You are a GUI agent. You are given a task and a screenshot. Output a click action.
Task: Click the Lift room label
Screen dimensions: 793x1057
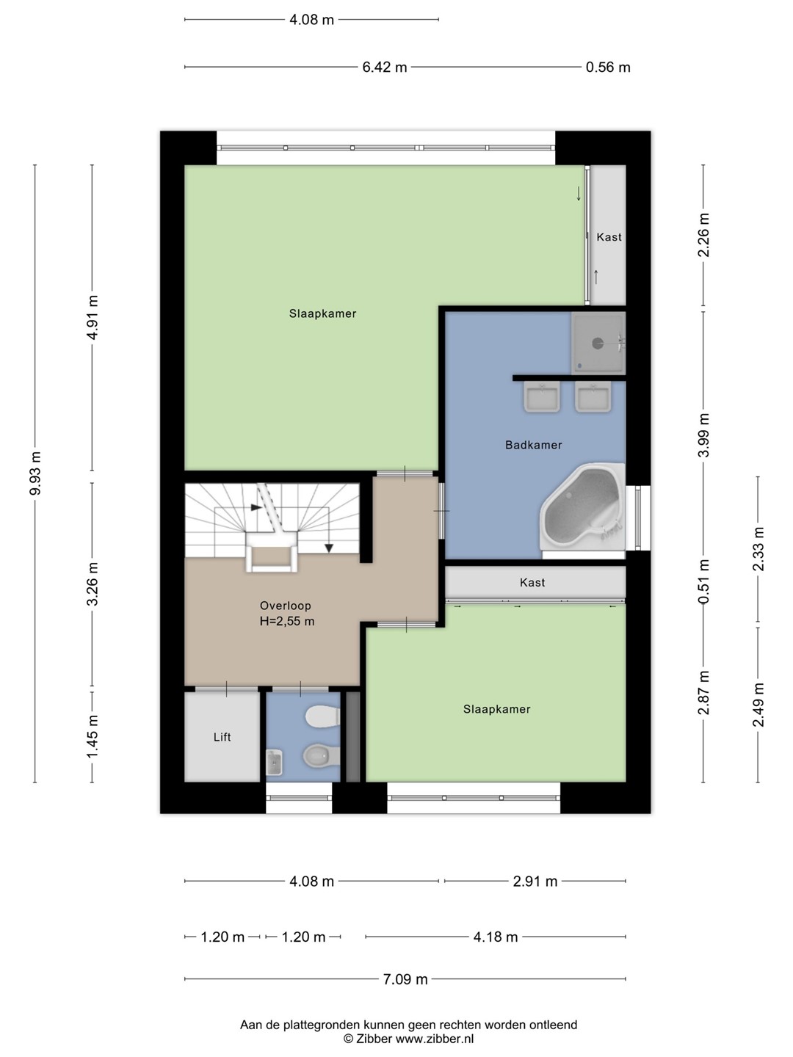coord(222,737)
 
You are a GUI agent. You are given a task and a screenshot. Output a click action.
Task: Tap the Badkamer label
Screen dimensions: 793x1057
coord(534,445)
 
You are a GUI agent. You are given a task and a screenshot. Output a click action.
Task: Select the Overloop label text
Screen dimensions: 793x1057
coord(286,606)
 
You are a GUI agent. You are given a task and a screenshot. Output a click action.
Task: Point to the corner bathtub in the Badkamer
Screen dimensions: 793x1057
coord(582,507)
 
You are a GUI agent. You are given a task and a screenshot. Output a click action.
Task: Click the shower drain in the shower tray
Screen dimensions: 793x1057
coord(598,344)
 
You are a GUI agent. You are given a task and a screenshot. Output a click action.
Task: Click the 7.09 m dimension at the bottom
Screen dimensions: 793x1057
coord(405,979)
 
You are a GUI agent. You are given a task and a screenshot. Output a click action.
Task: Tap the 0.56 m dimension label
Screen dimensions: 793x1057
coord(608,68)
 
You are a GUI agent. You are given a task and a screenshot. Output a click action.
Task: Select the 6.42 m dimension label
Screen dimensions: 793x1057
coord(385,68)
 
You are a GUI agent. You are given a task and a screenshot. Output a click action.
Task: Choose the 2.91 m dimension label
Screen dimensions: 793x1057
coord(535,882)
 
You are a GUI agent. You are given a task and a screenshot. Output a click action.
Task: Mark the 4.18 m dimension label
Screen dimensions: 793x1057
coord(496,937)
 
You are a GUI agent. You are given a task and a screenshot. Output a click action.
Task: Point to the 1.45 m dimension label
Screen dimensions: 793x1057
coord(93,736)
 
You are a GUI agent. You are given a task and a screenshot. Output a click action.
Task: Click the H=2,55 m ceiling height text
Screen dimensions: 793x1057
coord(287,621)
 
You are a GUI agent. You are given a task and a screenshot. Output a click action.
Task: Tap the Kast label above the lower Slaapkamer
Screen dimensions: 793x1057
coord(532,583)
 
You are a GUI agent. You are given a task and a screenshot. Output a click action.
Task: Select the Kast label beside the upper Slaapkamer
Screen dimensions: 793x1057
coord(609,237)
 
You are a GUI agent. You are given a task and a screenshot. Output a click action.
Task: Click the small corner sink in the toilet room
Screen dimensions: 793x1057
coord(275,763)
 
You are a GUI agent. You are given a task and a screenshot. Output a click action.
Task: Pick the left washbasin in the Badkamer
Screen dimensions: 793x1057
coord(542,396)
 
